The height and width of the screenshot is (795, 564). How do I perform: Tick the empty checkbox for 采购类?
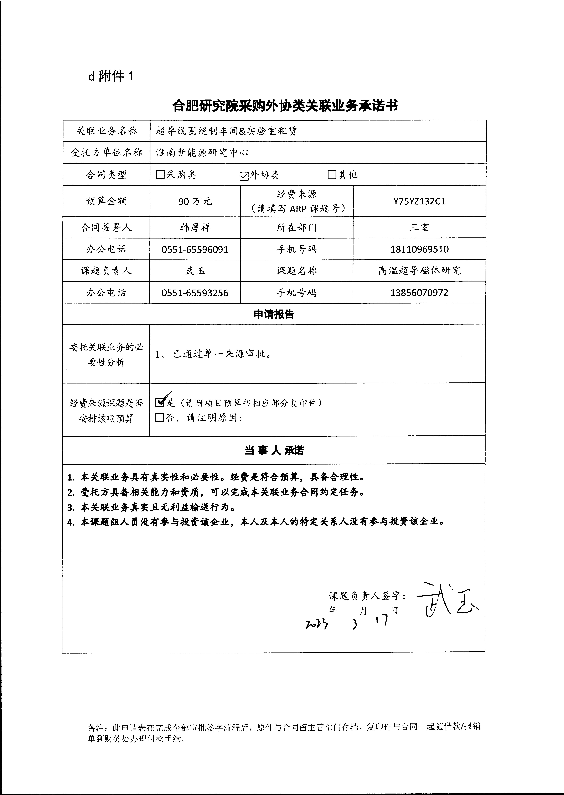pyautogui.click(x=160, y=174)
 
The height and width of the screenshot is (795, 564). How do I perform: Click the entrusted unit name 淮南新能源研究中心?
pyautogui.click(x=202, y=153)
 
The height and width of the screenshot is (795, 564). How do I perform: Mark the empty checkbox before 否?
pyautogui.click(x=160, y=417)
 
